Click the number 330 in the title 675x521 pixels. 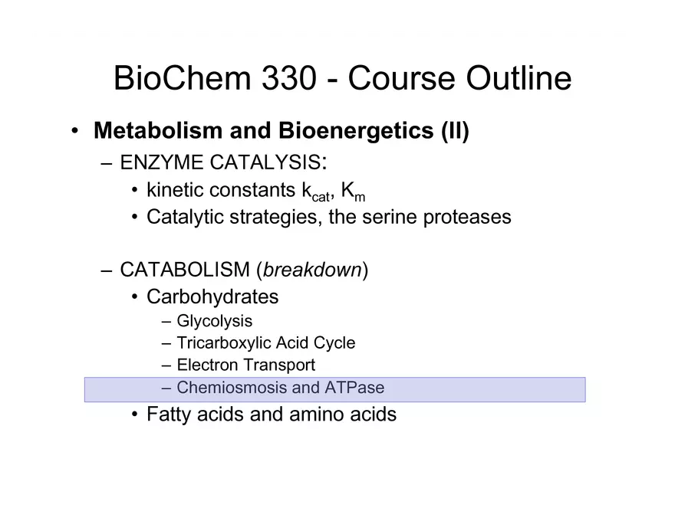pyautogui.click(x=289, y=78)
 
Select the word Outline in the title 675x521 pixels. pyautogui.click(x=519, y=78)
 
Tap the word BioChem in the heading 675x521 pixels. pyautogui.click(x=182, y=78)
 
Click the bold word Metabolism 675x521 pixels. pyautogui.click(x=158, y=130)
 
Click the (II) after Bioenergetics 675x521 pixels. pyautogui.click(x=455, y=131)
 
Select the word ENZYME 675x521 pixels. pyautogui.click(x=161, y=162)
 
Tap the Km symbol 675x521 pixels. pyautogui.click(x=353, y=192)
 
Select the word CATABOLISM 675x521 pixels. pyautogui.click(x=185, y=270)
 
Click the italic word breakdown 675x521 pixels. pyautogui.click(x=312, y=270)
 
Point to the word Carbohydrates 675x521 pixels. pyautogui.click(x=212, y=297)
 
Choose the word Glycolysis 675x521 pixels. pyautogui.click(x=214, y=322)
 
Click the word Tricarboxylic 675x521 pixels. pyautogui.click(x=223, y=343)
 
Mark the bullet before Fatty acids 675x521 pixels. pyautogui.click(x=135, y=415)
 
